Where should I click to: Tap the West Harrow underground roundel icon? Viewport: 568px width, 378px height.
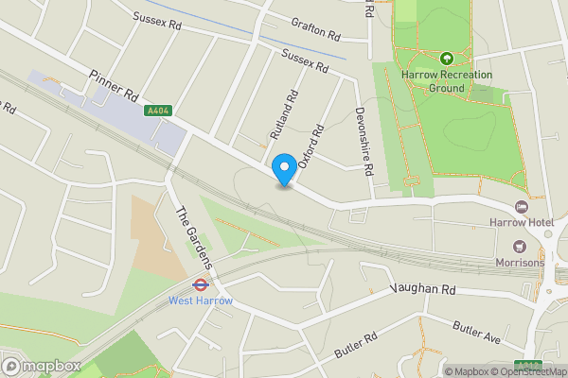pyautogui.click(x=201, y=283)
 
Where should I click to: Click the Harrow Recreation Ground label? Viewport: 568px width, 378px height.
pyautogui.click(x=446, y=80)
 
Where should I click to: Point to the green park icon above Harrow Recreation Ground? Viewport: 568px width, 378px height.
pyautogui.click(x=446, y=58)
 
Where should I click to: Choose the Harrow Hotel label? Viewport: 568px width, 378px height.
pyautogui.click(x=520, y=222)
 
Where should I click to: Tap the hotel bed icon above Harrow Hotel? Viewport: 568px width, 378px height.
pyautogui.click(x=520, y=206)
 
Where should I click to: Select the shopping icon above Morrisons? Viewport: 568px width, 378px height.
pyautogui.click(x=520, y=246)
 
